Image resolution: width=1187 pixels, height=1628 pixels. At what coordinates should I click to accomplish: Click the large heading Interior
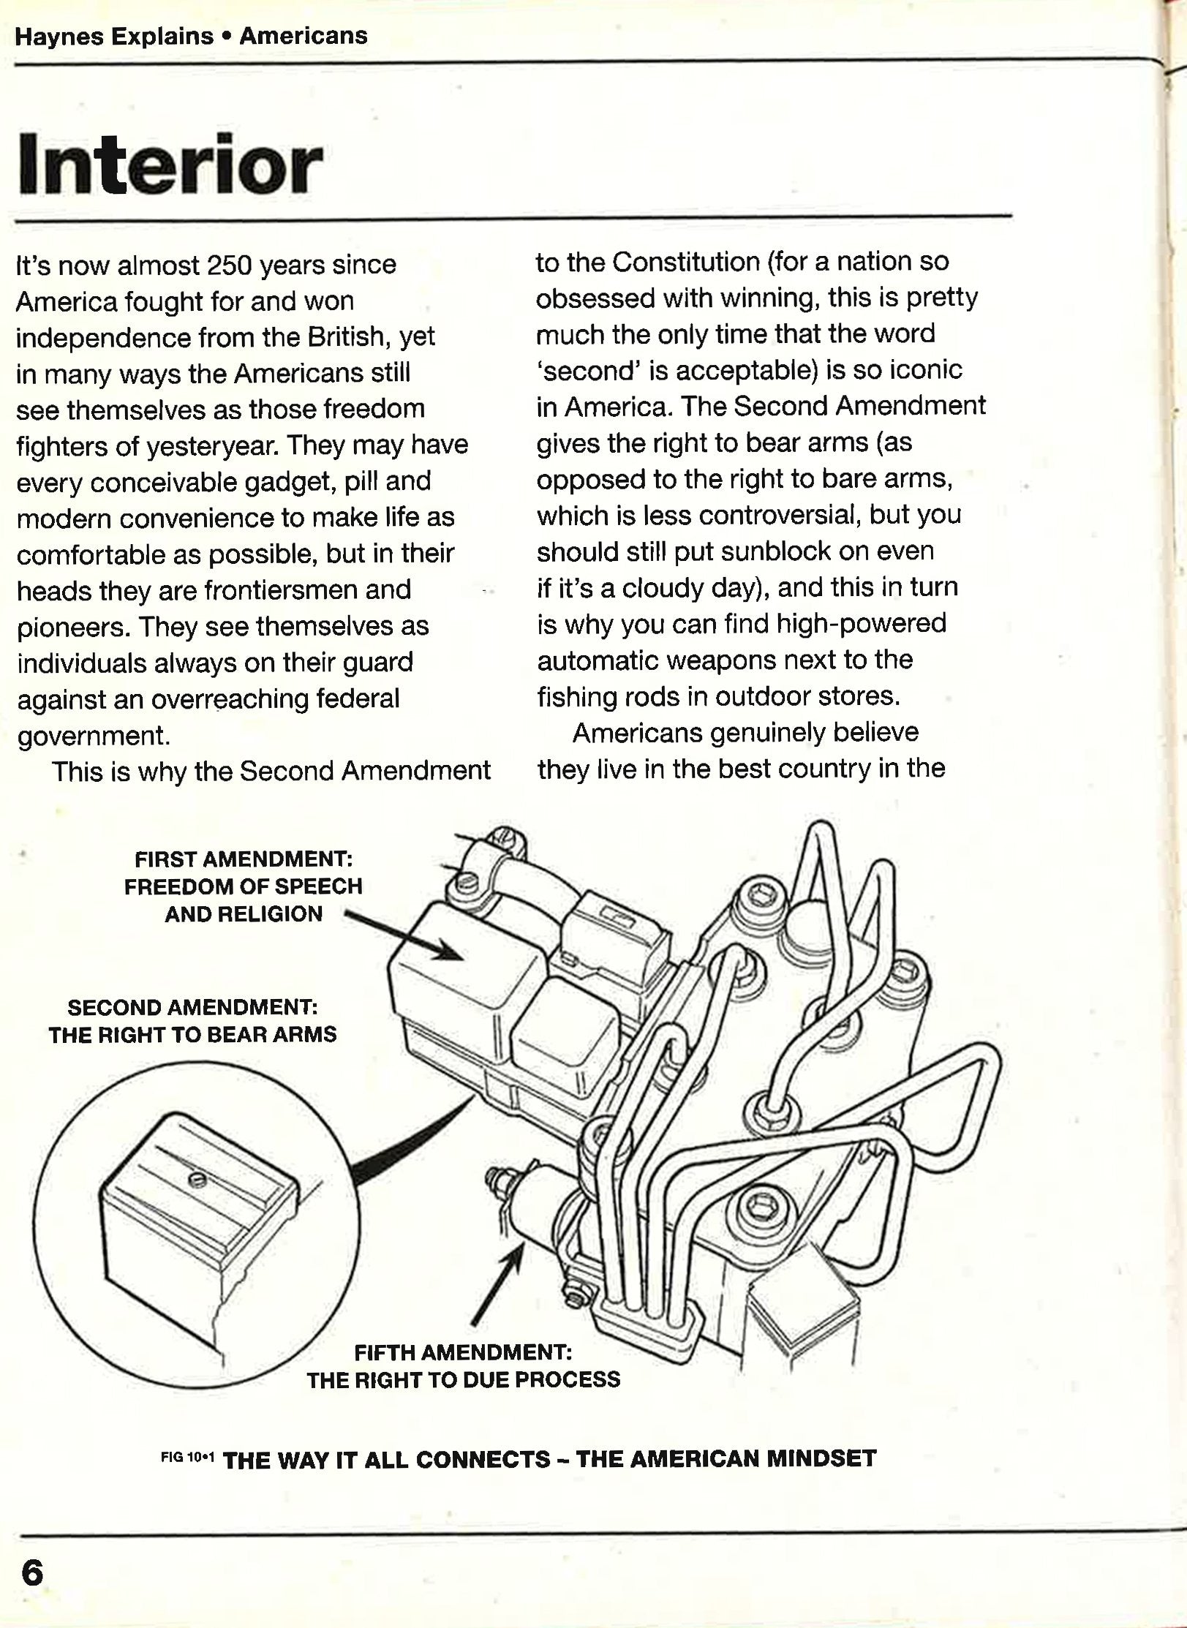[x=170, y=165]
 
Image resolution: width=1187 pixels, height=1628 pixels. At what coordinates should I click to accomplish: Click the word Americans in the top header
[x=304, y=36]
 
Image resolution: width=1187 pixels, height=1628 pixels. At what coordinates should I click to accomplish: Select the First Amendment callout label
[x=243, y=886]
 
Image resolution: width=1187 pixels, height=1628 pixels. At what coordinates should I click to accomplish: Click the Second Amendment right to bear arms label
[x=192, y=1021]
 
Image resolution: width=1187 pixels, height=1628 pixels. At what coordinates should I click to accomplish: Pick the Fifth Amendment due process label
[x=463, y=1366]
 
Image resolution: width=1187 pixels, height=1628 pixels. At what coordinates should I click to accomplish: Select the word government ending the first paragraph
[x=94, y=736]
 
